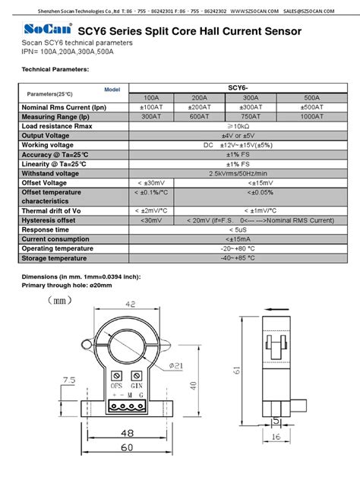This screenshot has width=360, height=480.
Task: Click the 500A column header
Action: coord(311,98)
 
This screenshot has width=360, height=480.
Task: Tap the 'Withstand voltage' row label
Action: coord(50,173)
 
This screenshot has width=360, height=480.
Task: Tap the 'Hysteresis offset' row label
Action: coord(49,219)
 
